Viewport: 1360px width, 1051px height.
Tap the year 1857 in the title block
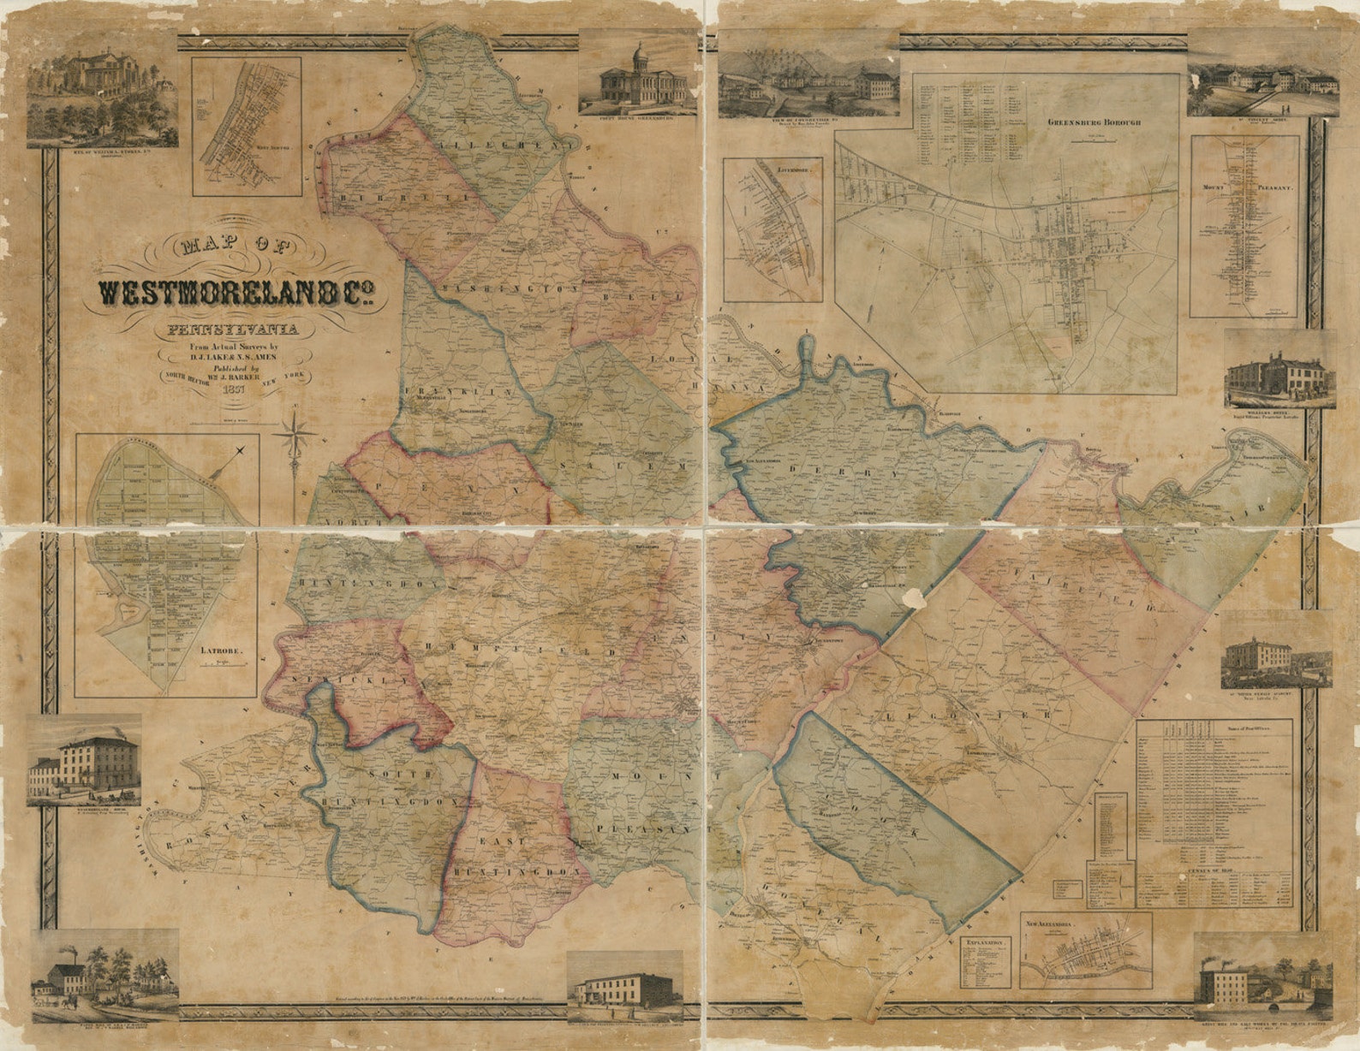(x=233, y=388)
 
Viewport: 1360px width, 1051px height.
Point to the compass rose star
(x=295, y=433)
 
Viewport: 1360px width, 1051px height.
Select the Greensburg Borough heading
(x=1082, y=122)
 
